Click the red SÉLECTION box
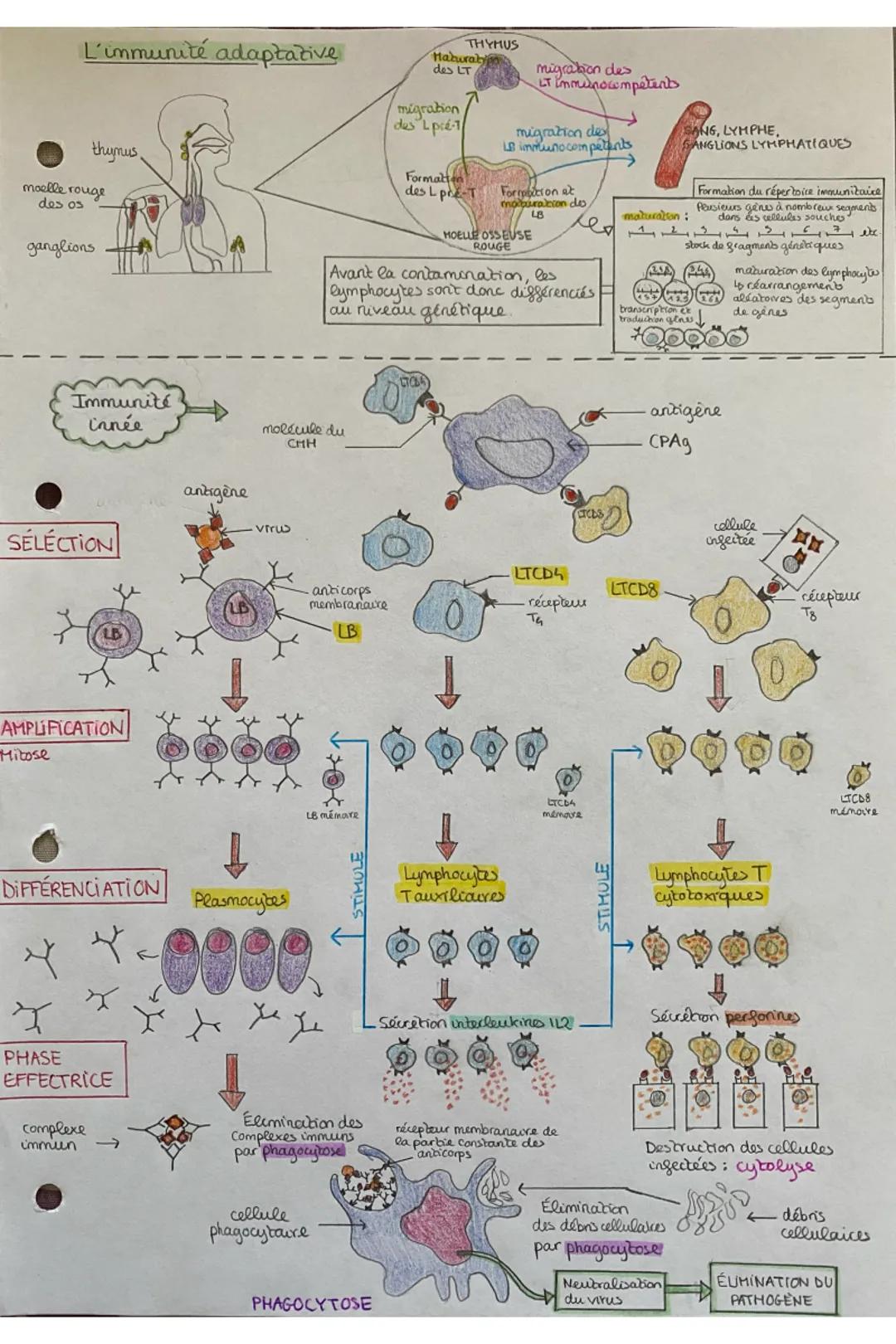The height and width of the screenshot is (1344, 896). pyautogui.click(x=60, y=543)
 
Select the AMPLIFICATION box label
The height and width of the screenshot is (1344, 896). pyautogui.click(x=63, y=728)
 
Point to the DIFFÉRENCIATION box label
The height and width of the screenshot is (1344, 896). pyautogui.click(x=81, y=889)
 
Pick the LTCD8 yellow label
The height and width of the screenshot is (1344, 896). pyautogui.click(x=635, y=589)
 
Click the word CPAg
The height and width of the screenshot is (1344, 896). pyautogui.click(x=670, y=442)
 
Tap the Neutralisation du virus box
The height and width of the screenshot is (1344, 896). pyautogui.click(x=610, y=1291)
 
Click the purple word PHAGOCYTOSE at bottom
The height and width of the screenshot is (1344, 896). pyautogui.click(x=311, y=1303)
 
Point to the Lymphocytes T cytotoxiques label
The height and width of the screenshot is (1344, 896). pyautogui.click(x=709, y=884)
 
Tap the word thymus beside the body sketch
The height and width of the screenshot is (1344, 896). pyautogui.click(x=114, y=151)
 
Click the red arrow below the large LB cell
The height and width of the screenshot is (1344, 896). pyautogui.click(x=236, y=683)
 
